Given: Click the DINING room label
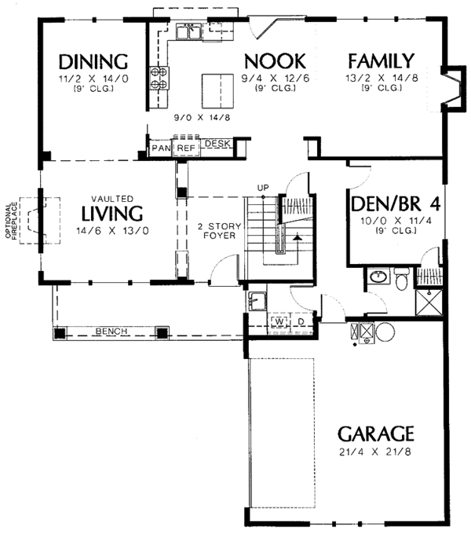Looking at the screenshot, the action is pyautogui.click(x=93, y=62).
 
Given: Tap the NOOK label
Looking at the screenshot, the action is pyautogui.click(x=276, y=61).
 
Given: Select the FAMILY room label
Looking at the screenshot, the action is pyautogui.click(x=381, y=61).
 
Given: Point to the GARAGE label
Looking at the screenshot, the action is pyautogui.click(x=375, y=434).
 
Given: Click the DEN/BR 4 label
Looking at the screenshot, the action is pyautogui.click(x=396, y=204).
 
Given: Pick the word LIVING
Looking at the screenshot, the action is pyautogui.click(x=112, y=214).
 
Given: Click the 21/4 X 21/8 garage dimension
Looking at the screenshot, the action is pyautogui.click(x=375, y=452).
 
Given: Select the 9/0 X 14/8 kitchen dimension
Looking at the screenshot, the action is pyautogui.click(x=203, y=118).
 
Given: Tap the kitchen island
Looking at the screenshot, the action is pyautogui.click(x=218, y=90).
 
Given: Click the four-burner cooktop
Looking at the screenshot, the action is pyautogui.click(x=159, y=78).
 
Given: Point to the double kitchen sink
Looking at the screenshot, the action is pyautogui.click(x=188, y=31).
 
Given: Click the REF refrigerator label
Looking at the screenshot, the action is pyautogui.click(x=186, y=148).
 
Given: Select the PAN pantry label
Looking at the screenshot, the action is pyautogui.click(x=161, y=148).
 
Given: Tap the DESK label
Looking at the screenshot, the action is pyautogui.click(x=217, y=144).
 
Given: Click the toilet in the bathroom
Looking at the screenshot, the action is pyautogui.click(x=401, y=278).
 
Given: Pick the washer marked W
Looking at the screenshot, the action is pyautogui.click(x=279, y=321).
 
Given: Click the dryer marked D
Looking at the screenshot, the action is pyautogui.click(x=301, y=322).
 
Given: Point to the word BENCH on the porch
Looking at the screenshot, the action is pyautogui.click(x=111, y=331).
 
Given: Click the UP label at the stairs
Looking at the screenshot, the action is pyautogui.click(x=263, y=187).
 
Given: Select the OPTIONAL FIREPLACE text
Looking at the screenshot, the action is pyautogui.click(x=12, y=221).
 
